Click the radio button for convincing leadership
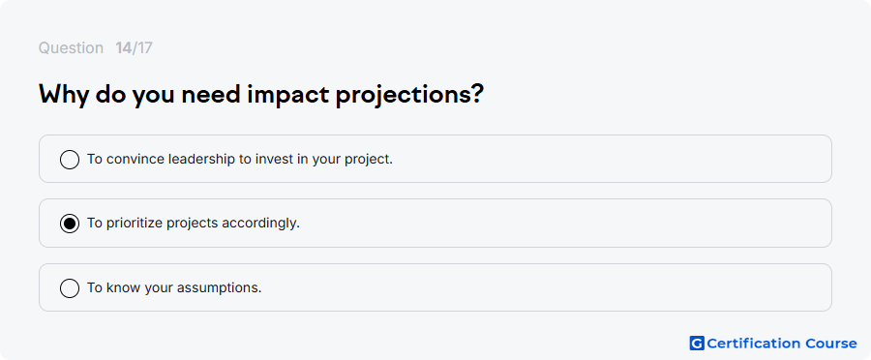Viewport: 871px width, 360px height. tap(70, 160)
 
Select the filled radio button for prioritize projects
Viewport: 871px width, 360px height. tap(70, 224)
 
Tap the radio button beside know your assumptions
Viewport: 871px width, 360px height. tap(70, 288)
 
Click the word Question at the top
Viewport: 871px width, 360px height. tap(71, 48)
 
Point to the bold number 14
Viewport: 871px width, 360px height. tap(123, 48)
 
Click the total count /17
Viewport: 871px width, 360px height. tap(142, 48)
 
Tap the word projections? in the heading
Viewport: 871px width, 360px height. tap(410, 96)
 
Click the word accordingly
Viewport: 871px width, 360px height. tap(261, 224)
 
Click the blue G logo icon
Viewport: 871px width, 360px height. tap(697, 344)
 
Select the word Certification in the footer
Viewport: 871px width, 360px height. tap(750, 344)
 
